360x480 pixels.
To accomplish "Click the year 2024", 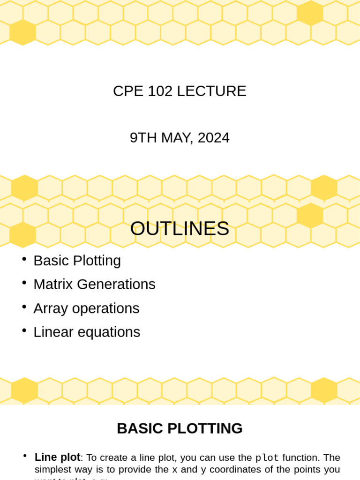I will (213, 138).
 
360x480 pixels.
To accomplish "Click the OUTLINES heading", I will (180, 229).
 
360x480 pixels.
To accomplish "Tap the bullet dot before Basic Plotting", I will (24, 259).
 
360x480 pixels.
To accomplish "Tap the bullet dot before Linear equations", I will (24, 331).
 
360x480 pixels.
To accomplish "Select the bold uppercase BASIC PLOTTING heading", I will (180, 428).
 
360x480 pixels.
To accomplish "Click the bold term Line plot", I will (57, 457).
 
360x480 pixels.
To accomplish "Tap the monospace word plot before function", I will (267, 457).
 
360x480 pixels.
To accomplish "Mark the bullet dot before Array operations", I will (24, 307).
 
